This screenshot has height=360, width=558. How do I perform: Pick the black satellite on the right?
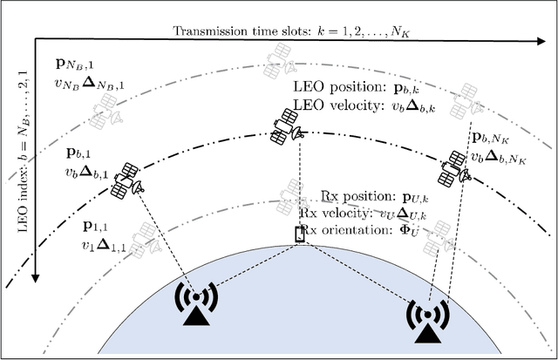[x=455, y=165]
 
